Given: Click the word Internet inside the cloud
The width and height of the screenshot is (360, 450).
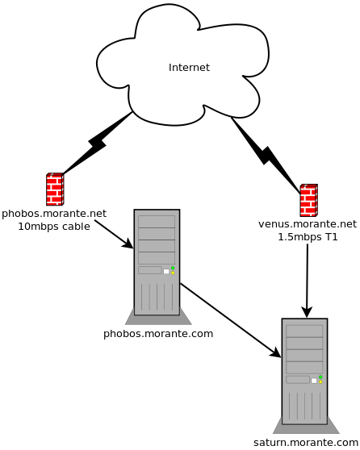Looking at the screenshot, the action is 189,68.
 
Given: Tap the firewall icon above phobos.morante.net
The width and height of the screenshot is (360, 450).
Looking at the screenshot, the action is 55,190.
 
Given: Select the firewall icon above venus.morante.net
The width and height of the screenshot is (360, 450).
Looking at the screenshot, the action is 309,200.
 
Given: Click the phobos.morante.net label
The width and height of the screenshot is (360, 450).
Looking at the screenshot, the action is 54,214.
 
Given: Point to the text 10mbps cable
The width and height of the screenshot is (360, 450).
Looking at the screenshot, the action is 54,227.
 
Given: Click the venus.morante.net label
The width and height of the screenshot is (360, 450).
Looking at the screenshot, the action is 308,224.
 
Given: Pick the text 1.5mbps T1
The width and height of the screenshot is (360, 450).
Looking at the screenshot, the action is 308,237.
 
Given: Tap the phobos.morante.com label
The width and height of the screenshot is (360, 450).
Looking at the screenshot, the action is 158,334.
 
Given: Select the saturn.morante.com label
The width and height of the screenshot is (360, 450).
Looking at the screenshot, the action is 306,443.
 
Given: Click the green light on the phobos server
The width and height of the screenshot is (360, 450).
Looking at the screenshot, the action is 173,268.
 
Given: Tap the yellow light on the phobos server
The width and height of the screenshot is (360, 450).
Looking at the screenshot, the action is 173,273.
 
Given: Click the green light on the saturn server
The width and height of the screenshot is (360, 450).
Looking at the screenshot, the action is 320,377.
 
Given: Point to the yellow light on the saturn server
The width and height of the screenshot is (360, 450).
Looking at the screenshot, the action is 320,382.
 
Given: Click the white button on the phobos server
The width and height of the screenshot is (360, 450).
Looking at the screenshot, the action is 166,272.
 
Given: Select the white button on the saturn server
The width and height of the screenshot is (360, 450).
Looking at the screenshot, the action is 314,381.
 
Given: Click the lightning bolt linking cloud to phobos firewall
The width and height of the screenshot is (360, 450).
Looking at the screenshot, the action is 97,143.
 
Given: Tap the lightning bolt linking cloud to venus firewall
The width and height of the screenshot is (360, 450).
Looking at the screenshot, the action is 266,156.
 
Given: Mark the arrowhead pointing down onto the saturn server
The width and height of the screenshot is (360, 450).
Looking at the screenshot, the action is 307,312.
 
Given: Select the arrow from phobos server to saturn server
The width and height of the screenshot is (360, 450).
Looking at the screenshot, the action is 230,320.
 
